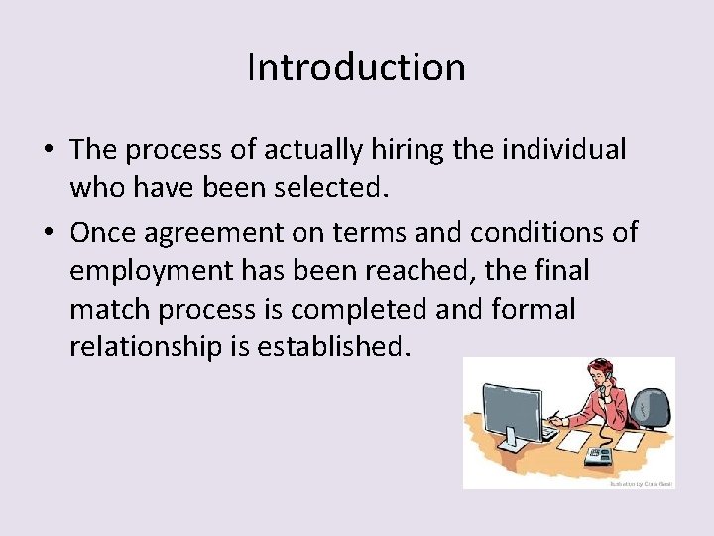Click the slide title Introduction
(x=356, y=67)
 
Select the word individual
(x=566, y=150)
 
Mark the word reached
(x=448, y=271)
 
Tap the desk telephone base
(x=598, y=456)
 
